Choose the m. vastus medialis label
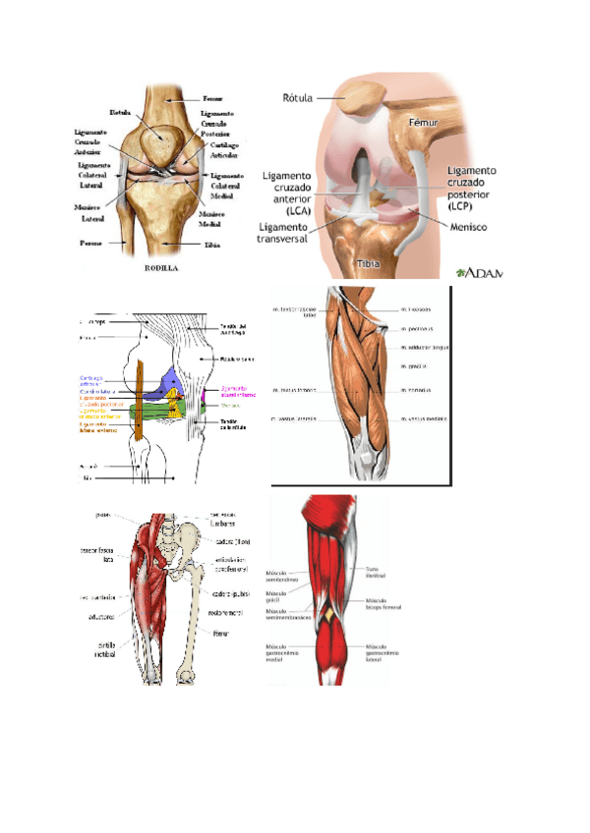425,419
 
